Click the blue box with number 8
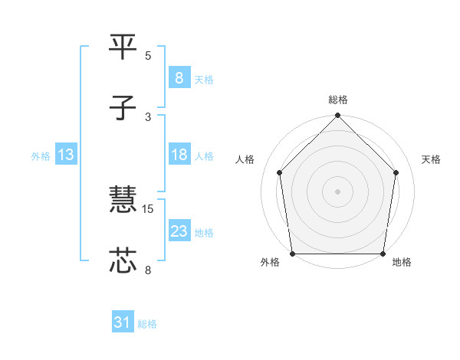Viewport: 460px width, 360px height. tap(179, 78)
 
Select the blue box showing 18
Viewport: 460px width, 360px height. tap(179, 155)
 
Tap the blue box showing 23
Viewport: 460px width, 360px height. tap(179, 231)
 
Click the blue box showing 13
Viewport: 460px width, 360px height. tap(65, 155)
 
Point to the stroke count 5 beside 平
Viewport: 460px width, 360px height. tap(148, 55)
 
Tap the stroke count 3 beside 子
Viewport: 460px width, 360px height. tap(148, 116)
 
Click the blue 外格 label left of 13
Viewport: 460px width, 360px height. tap(41, 155)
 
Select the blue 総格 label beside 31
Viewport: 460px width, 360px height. tap(147, 324)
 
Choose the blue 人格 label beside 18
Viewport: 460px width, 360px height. tap(204, 155)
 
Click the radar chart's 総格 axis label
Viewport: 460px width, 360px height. tap(338, 100)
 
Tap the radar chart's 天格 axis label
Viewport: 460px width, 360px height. tap(432, 159)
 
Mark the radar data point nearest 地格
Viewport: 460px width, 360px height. tap(383, 254)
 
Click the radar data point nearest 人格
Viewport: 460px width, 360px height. tap(280, 172)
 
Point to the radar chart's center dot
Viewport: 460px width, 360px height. tap(338, 191)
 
